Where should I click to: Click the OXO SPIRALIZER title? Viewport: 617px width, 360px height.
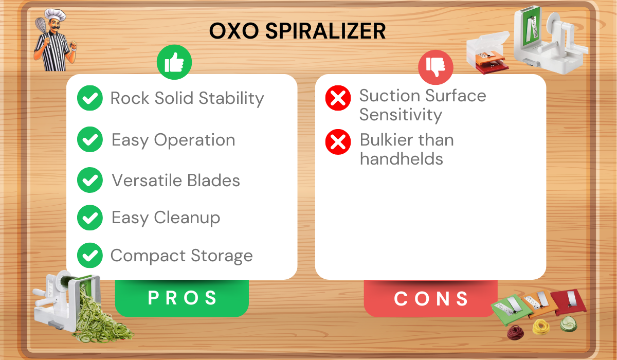298,31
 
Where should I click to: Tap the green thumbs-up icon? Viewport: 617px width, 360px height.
174,63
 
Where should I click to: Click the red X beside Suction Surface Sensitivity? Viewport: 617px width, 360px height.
338,98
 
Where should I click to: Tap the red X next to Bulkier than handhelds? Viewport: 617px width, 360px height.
338,142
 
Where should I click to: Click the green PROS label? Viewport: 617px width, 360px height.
182,298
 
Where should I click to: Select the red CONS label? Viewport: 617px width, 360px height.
431,298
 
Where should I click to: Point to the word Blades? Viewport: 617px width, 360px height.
213,181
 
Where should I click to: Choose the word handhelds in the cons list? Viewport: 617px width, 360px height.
402,158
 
